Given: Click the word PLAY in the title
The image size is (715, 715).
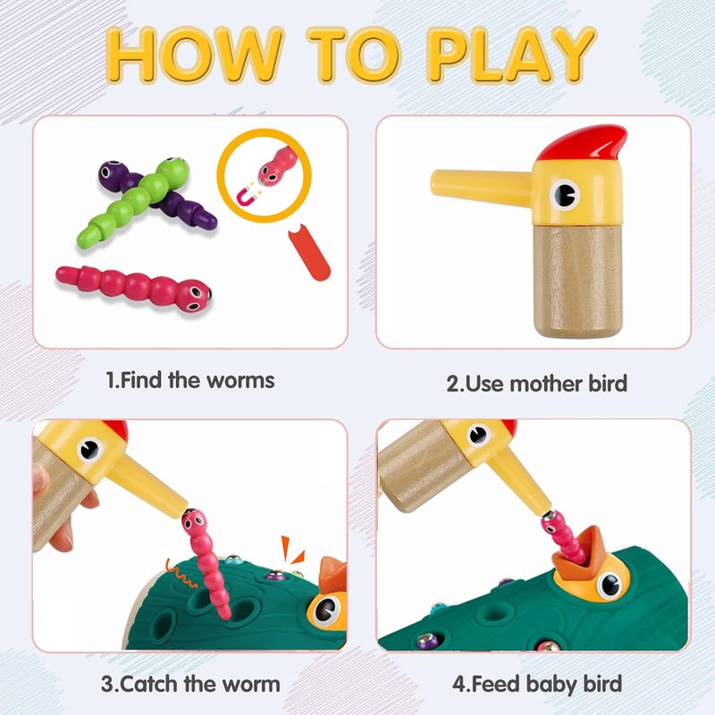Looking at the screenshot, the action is tap(510, 55).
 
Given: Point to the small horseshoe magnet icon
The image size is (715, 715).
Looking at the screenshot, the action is tap(248, 195).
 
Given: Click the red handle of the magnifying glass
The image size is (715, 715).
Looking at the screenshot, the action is tap(309, 252).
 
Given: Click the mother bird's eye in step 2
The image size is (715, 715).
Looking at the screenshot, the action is tap(564, 194).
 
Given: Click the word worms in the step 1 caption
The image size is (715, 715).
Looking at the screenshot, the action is tap(240, 381).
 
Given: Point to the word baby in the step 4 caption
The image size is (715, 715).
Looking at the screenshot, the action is tap(551, 685).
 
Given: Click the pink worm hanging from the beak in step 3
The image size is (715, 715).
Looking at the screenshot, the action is tap(206, 563).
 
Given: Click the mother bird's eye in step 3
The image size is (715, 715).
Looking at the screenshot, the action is tap(89, 450).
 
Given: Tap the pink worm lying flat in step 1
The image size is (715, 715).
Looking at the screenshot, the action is tap(134, 289).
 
